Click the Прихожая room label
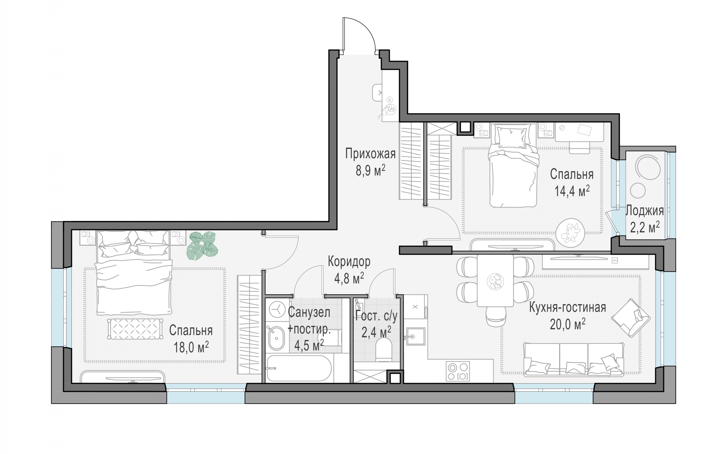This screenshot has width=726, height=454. [x=370, y=153]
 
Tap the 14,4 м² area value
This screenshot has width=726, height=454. [x=572, y=191]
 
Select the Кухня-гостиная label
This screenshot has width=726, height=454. [x=567, y=308]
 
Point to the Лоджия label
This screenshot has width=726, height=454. [x=644, y=211]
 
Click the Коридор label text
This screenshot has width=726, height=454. [x=349, y=262]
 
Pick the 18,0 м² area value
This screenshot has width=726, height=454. [x=191, y=348]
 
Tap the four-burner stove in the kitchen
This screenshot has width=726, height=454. [x=458, y=371]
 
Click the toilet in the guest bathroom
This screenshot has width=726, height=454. [x=384, y=350]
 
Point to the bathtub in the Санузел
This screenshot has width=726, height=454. [x=299, y=368]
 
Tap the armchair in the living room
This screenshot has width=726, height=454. [x=631, y=318]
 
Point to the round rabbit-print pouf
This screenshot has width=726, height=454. [x=570, y=233]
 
